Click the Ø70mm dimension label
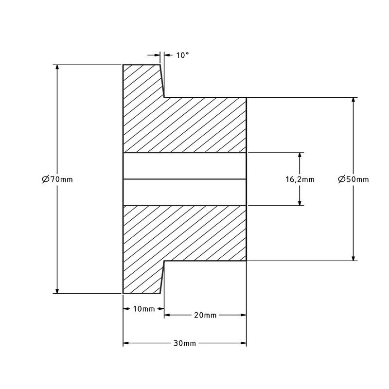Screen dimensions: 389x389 57,179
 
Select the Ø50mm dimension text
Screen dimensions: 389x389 354,179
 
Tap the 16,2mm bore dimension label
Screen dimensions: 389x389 300,179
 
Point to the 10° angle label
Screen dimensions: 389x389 183,55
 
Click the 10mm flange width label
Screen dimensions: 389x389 144,309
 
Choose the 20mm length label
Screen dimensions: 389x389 205,315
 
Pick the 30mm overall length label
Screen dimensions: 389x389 185,343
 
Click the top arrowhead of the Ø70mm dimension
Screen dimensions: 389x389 57,68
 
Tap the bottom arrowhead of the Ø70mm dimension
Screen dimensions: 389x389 57,290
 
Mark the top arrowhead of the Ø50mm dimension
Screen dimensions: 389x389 354,101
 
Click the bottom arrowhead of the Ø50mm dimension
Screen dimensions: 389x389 354,258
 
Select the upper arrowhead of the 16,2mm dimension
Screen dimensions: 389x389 300,156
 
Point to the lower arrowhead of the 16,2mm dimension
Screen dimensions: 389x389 300,202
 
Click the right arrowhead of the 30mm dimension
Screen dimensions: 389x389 243,343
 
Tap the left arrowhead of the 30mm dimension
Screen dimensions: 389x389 126,343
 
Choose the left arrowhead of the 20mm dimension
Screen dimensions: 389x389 167,315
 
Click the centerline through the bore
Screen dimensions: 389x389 185,179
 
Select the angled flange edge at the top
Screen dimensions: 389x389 162,81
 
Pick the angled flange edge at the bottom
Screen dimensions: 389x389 162,277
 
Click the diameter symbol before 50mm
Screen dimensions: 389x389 342,179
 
